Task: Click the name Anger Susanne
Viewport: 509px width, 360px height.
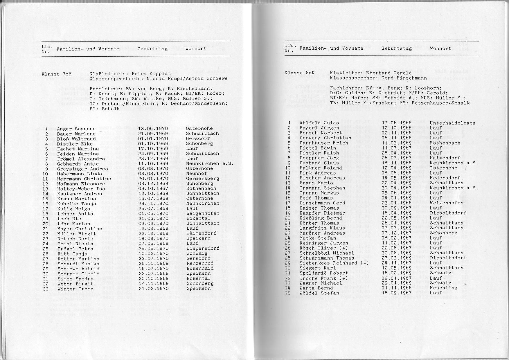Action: [76, 129]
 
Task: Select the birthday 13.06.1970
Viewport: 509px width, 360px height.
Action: [153, 128]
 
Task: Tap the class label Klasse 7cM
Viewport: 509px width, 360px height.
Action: [57, 74]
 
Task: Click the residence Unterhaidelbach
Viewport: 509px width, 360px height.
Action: [452, 123]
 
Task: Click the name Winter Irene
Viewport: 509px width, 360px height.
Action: [75, 289]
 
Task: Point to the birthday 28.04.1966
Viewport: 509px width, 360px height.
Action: [396, 153]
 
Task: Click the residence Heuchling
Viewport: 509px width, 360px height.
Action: [443, 288]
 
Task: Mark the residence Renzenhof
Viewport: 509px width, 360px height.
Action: [200, 264]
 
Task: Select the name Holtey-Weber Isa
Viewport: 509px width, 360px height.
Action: [81, 189]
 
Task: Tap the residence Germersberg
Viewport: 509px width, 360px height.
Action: [202, 178]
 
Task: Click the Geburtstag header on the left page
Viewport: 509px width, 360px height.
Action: [152, 48]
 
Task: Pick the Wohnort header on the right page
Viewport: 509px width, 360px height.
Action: [440, 48]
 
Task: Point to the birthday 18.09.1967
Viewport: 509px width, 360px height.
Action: [396, 293]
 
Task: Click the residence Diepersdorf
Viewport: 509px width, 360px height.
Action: [203, 249]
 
